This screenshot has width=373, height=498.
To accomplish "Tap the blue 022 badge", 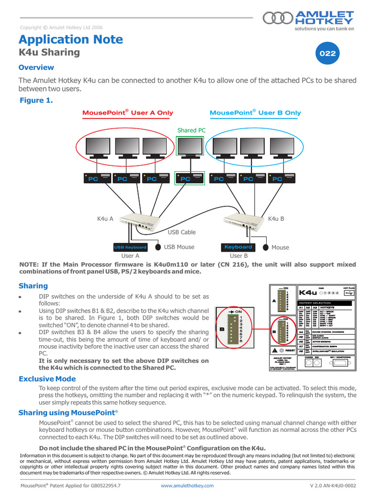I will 327,54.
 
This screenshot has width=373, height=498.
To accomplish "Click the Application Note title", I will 70,39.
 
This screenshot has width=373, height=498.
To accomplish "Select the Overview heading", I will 36,67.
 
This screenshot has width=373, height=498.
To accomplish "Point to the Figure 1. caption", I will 36,100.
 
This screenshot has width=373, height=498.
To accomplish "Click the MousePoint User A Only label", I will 128,113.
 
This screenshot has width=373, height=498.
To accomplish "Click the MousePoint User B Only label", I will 255,113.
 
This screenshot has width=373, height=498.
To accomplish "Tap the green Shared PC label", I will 191,130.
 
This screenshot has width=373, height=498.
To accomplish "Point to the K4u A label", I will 105,219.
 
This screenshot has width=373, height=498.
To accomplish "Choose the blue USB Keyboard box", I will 130,247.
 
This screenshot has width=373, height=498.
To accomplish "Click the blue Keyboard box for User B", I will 238,247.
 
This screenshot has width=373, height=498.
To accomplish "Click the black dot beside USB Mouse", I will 158,247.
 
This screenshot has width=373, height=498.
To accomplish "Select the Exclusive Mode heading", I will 47,378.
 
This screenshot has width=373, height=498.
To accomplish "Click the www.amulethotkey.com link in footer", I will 187,485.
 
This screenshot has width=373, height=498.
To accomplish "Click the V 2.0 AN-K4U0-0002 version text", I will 333,485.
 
